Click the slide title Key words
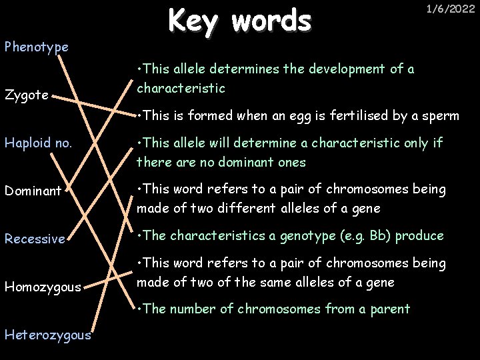239,21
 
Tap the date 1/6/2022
450,9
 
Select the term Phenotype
36,47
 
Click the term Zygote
26,95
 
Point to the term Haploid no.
33,143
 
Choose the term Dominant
33,191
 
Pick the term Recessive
35,239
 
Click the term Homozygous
42,287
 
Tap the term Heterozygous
47,335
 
